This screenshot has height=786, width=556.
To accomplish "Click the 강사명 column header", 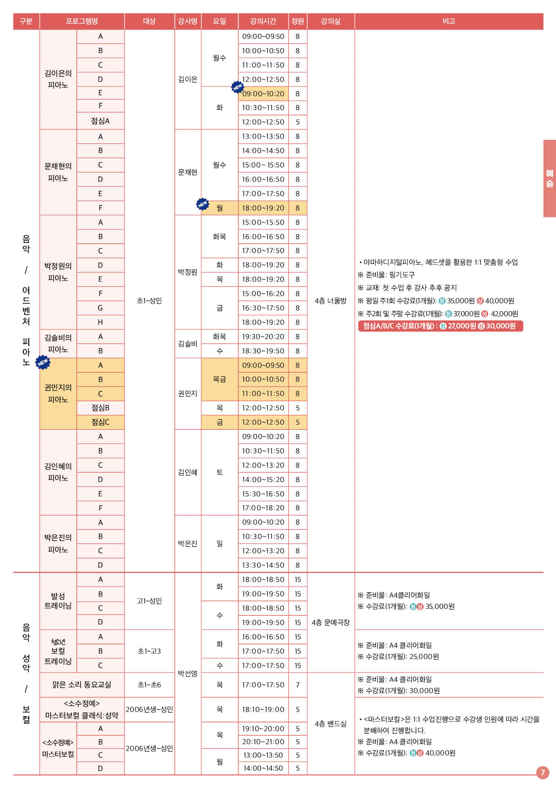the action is point(187,21).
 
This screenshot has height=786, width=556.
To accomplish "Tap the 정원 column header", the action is point(298,21).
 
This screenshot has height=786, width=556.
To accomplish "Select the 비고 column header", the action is point(449,21).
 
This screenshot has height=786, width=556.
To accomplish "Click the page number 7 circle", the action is point(543,772).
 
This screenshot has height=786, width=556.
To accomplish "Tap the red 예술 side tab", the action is point(550,178).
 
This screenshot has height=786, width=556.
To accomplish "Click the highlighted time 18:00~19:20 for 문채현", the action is point(263,208).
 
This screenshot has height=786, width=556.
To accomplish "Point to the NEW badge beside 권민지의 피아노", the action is point(43,362).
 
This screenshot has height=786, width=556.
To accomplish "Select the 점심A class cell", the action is point(100,121).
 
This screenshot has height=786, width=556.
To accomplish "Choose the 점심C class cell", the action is point(100,422).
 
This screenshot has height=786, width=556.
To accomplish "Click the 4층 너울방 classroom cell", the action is point(331,301).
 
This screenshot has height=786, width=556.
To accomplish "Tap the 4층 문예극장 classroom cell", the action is point(331,622).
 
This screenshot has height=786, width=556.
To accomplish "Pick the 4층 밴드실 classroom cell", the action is point(331,724).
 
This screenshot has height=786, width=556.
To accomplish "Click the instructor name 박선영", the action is point(187,674).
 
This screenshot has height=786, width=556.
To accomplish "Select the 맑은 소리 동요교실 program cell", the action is point(82,685).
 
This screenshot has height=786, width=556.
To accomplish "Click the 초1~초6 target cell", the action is point(149,685).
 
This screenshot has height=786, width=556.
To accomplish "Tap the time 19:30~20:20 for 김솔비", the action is point(263,337).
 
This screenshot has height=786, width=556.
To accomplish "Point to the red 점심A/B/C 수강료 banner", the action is point(440,326).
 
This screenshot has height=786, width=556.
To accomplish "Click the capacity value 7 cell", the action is point(298,685).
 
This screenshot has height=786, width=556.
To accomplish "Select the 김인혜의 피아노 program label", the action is point(58,472).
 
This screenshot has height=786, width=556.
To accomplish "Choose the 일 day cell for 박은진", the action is point(220,544).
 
